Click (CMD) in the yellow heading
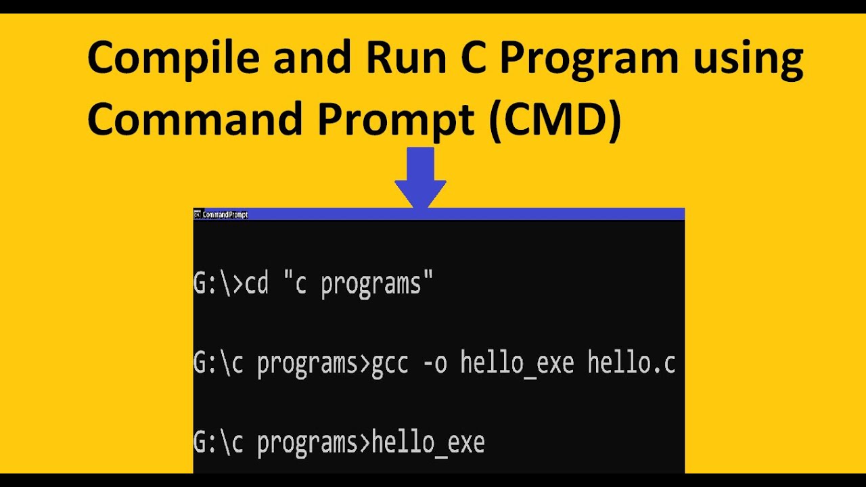[x=555, y=119]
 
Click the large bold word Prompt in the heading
[x=396, y=119]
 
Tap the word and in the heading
[x=312, y=58]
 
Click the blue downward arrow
[x=420, y=178]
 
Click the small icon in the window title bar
[x=198, y=214]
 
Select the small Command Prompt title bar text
[x=225, y=214]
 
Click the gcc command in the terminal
[x=390, y=364]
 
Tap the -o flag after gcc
[x=434, y=364]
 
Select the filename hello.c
[x=631, y=364]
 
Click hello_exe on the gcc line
[x=517, y=364]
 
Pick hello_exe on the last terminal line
[x=428, y=443]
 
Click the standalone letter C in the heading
[x=462, y=58]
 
